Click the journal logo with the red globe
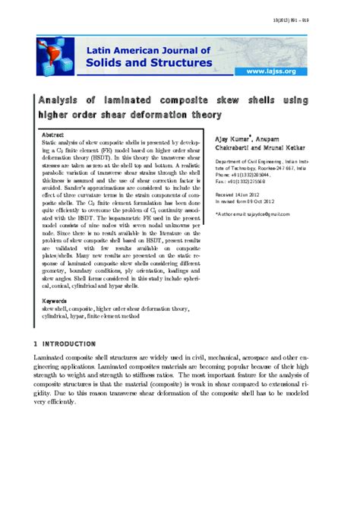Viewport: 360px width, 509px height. pyautogui.click(x=56, y=55)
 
